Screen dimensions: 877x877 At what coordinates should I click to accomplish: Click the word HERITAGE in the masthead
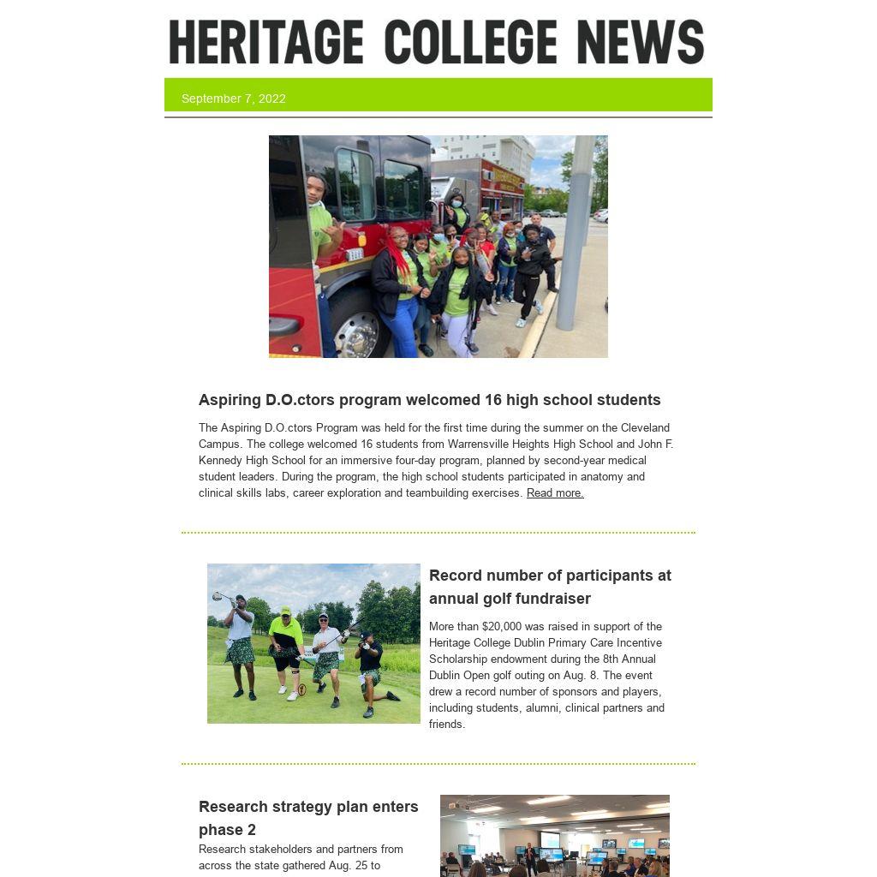tap(266, 42)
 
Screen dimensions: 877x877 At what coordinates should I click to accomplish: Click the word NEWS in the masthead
tap(641, 42)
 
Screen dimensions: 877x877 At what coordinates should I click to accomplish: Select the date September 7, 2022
tap(234, 98)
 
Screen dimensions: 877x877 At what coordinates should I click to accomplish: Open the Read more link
tap(555, 493)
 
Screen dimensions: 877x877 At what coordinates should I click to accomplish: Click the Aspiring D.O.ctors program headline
tap(429, 400)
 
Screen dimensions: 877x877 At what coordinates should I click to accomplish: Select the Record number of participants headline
tap(550, 587)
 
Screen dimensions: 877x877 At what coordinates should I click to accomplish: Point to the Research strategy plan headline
tap(308, 818)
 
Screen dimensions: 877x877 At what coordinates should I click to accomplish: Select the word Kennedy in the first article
tap(219, 461)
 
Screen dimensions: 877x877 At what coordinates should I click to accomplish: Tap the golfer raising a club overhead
tap(241, 642)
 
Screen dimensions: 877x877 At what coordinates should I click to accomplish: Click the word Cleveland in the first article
tap(646, 428)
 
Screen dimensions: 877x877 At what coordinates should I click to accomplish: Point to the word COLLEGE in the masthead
tap(470, 42)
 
